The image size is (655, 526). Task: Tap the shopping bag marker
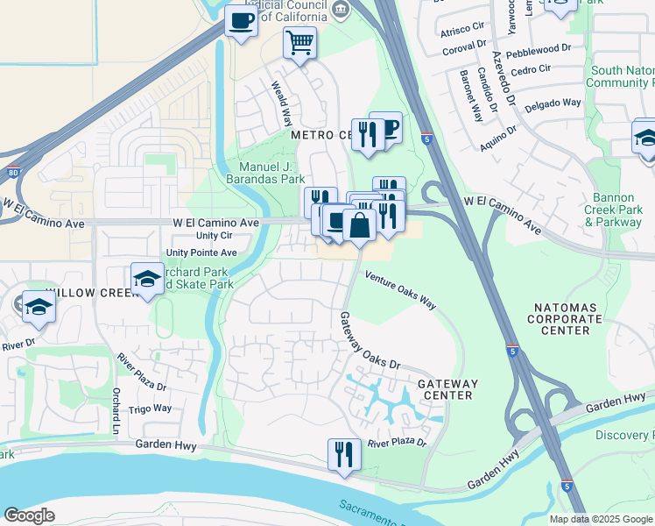pos(359,224)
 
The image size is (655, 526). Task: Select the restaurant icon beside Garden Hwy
pos(343,453)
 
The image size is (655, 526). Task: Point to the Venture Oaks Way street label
pos(400,290)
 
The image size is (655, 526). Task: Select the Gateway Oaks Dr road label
pos(369,341)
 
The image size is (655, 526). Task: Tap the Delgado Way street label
pos(553,103)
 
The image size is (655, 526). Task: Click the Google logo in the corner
pos(29,515)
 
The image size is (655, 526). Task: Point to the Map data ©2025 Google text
pos(600,519)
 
